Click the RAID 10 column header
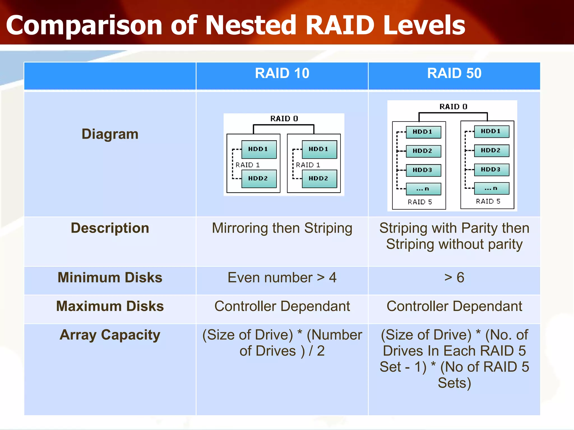click(x=282, y=73)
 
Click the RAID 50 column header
click(x=454, y=73)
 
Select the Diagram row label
click(x=110, y=134)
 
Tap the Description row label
click(x=110, y=228)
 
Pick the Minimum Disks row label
click(x=110, y=277)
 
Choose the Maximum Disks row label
click(x=110, y=306)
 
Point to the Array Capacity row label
click(x=110, y=335)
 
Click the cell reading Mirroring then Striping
click(x=282, y=228)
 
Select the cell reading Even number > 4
click(x=282, y=278)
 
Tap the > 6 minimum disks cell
click(x=454, y=278)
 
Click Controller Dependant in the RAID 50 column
click(x=454, y=306)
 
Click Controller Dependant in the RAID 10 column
click(x=282, y=306)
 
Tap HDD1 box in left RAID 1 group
click(x=259, y=149)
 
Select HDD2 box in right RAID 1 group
click(x=319, y=178)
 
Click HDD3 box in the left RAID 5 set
click(x=423, y=170)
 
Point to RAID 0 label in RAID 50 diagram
click(x=453, y=107)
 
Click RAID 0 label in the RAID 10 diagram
click(x=284, y=119)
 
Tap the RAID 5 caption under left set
click(x=420, y=202)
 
